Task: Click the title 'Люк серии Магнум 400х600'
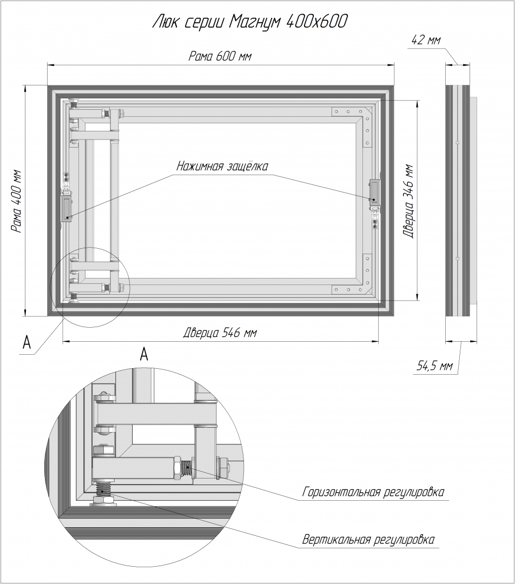250,22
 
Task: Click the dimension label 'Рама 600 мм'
220,56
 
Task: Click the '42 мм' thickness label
426,40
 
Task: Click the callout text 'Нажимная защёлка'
222,166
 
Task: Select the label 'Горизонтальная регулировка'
374,493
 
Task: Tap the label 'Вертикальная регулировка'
368,540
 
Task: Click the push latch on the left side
67,208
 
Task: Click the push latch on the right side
374,191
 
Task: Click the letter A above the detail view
144,354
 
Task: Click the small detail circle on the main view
89,287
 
